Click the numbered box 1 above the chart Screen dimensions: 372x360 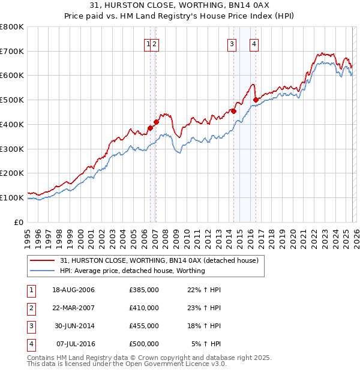148,43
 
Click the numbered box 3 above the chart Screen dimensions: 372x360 232,43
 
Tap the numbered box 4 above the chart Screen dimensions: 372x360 254,43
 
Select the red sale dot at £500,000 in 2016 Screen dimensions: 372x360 256,100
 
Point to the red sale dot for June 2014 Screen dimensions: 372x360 234,110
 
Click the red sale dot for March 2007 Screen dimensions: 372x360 156,122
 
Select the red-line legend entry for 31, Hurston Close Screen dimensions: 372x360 159,260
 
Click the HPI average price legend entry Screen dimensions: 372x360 132,271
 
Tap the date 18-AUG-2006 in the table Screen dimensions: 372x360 73,290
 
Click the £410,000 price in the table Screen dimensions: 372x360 144,308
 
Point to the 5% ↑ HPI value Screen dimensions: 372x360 206,344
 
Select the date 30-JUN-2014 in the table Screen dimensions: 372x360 73,326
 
